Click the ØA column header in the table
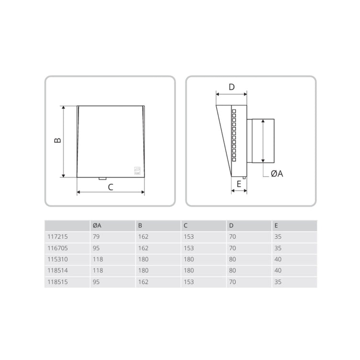click(x=97, y=225)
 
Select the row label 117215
click(x=57, y=236)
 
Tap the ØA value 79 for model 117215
click(x=96, y=236)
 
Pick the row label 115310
click(x=57, y=259)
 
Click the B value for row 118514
click(x=143, y=270)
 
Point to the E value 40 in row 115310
click(x=278, y=259)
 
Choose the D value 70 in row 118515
click(x=232, y=281)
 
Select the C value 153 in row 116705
click(x=189, y=248)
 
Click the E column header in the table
click(x=276, y=225)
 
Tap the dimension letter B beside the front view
click(x=57, y=140)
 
